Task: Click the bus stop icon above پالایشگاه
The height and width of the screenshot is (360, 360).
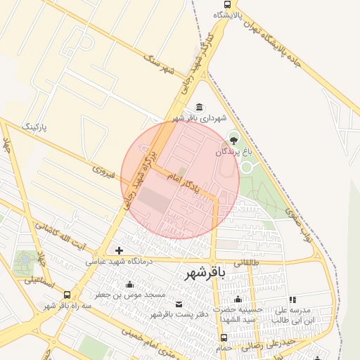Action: (236, 4)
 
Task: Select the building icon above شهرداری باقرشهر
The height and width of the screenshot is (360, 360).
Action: (200, 108)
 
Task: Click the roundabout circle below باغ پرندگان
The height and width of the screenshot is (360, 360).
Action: (247, 167)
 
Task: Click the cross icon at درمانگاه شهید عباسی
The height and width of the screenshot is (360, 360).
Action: (120, 250)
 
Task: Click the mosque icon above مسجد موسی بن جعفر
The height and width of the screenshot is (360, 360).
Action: (129, 285)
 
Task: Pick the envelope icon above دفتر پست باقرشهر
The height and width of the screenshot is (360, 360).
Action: (179, 304)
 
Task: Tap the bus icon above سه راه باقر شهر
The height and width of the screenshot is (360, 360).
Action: (67, 295)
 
